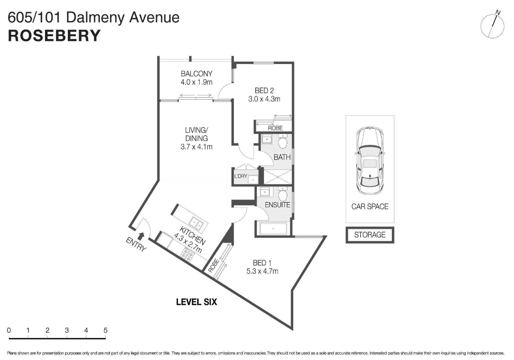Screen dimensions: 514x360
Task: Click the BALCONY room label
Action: pyautogui.click(x=196, y=74)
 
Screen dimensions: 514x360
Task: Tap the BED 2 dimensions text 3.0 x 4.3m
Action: pyautogui.click(x=264, y=99)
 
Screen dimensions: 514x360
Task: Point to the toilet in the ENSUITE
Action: pyautogui.click(x=283, y=194)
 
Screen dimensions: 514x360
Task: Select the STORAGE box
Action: pyautogui.click(x=370, y=235)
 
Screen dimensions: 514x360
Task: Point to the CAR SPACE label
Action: pyautogui.click(x=370, y=206)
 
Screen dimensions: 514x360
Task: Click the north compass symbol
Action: pyautogui.click(x=493, y=26)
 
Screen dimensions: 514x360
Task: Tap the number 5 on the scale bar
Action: pyautogui.click(x=105, y=330)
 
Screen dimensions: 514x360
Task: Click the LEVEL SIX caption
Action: pyautogui.click(x=196, y=302)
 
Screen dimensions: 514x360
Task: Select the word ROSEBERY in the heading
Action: pyautogui.click(x=54, y=36)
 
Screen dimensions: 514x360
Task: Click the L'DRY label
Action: pyautogui.click(x=241, y=176)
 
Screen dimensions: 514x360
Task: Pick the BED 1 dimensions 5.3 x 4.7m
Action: pyautogui.click(x=262, y=271)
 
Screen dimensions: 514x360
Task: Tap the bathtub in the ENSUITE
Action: pyautogui.click(x=273, y=229)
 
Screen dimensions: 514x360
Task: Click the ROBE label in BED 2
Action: pyautogui.click(x=276, y=128)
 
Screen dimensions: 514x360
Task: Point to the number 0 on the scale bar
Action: pyautogui.click(x=9, y=330)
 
